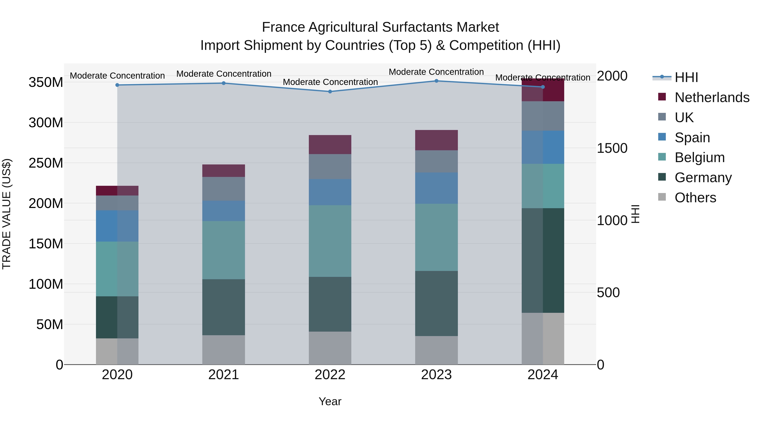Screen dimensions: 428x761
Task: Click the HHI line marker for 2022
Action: click(330, 92)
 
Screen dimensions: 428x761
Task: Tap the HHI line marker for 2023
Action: click(436, 81)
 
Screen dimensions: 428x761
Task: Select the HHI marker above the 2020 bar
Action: click(117, 85)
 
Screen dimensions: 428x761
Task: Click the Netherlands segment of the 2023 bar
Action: click(436, 140)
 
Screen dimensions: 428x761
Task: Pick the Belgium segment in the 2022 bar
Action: click(330, 241)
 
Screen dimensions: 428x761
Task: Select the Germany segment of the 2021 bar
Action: click(224, 307)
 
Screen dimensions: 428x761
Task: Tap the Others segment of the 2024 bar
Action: click(543, 339)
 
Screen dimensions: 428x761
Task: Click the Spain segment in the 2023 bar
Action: click(436, 188)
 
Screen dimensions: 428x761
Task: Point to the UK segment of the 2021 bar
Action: click(224, 189)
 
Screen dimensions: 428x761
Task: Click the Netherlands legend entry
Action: click(712, 97)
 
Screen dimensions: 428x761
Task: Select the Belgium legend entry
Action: click(699, 157)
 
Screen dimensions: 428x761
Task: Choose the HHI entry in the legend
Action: click(686, 77)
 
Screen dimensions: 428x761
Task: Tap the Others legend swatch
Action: click(662, 197)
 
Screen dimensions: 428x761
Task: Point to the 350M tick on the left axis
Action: click(46, 82)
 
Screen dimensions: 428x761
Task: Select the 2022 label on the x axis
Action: click(330, 375)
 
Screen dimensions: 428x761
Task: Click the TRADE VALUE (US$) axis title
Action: click(7, 214)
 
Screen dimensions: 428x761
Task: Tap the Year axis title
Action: click(330, 401)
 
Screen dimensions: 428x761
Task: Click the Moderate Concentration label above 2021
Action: click(224, 74)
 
